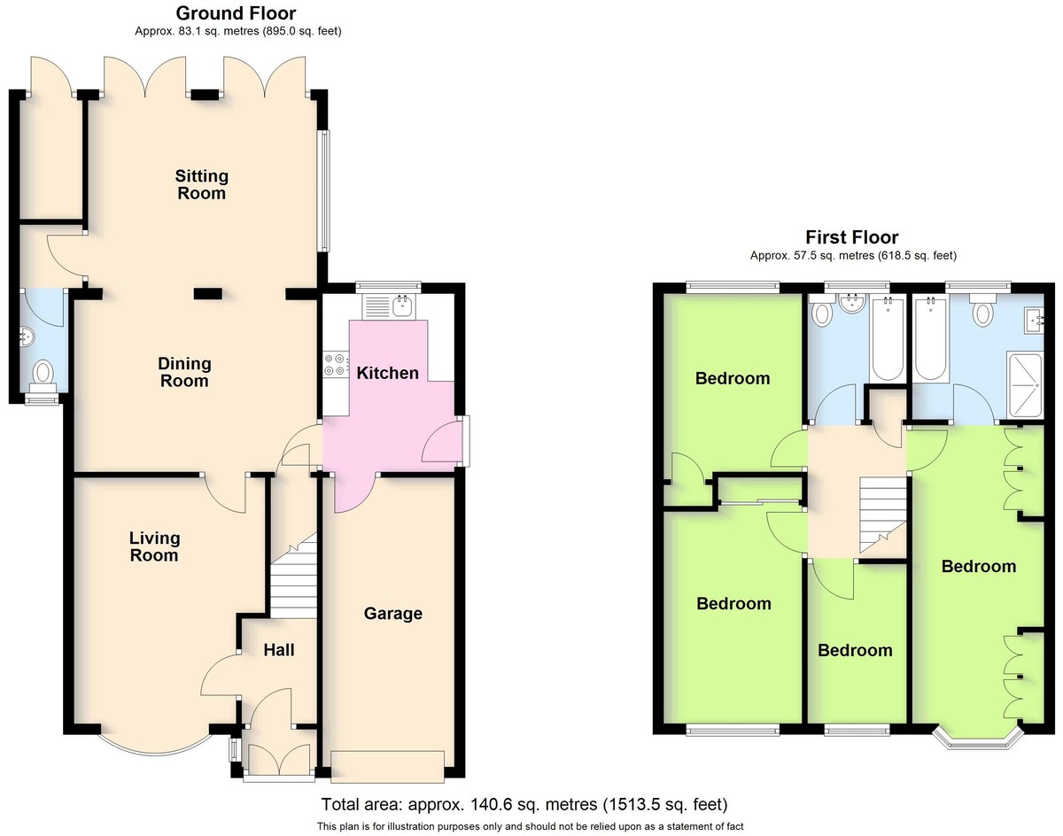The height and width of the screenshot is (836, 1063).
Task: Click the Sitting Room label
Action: [x=202, y=184]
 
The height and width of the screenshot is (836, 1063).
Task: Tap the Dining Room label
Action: [x=184, y=372]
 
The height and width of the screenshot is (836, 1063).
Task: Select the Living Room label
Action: [x=154, y=546]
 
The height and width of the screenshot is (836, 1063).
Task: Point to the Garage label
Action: [x=393, y=614]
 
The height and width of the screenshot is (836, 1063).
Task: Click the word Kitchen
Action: [x=388, y=373]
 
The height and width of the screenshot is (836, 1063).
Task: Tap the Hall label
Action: [x=279, y=650]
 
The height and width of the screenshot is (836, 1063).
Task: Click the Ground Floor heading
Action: [x=237, y=12]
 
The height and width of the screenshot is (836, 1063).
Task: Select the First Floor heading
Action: [x=852, y=237]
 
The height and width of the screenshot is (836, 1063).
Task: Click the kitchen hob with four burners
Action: [x=335, y=365]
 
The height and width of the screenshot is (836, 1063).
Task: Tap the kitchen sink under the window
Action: [x=389, y=306]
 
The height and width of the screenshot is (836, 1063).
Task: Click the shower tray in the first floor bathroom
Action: [x=1025, y=384]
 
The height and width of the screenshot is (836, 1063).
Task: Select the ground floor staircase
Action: [x=293, y=576]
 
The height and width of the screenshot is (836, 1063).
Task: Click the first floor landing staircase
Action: [x=883, y=515]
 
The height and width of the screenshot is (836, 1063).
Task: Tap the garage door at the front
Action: [x=388, y=766]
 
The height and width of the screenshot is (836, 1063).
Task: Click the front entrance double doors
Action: [x=280, y=759]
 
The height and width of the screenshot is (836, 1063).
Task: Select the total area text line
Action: [x=524, y=804]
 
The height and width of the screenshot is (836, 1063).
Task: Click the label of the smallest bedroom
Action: [x=855, y=650]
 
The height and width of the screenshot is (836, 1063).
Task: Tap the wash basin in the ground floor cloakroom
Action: [x=27, y=337]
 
